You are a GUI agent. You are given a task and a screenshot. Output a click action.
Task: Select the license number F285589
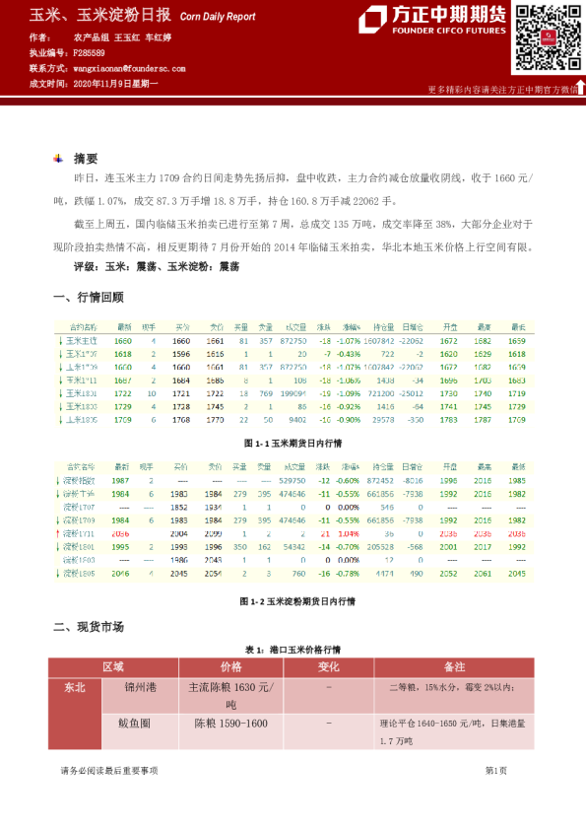pyautogui.click(x=90, y=52)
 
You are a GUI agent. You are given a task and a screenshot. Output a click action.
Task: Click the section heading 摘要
pyautogui.click(x=86, y=158)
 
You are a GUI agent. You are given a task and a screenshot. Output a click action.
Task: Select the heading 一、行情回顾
pyautogui.click(x=88, y=297)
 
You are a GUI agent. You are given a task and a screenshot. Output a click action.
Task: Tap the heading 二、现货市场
pyautogui.click(x=88, y=626)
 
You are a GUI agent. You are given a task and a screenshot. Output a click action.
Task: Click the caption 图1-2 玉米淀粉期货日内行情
pyautogui.click(x=292, y=600)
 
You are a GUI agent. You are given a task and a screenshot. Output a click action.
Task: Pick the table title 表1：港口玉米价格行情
pyautogui.click(x=293, y=651)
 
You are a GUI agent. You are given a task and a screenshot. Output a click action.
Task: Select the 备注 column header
pyautogui.click(x=454, y=666)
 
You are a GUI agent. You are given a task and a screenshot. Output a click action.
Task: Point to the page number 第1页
pyautogui.click(x=496, y=770)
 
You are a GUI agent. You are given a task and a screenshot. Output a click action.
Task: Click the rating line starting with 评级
pyautogui.click(x=157, y=266)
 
